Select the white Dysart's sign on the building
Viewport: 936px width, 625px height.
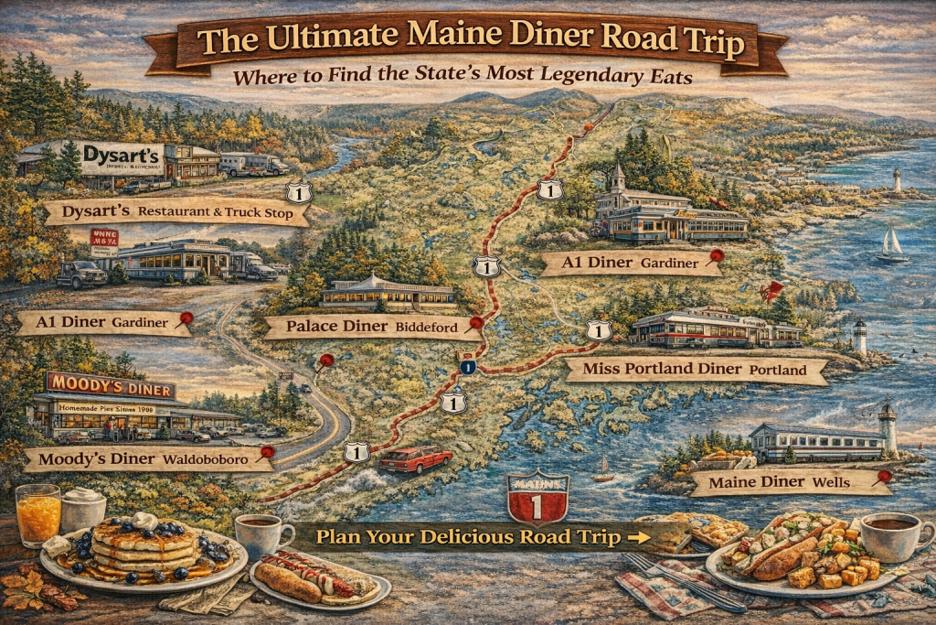coord(122,158)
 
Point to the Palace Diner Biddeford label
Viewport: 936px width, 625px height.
coord(364,327)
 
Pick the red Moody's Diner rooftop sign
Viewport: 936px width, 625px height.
coord(110,385)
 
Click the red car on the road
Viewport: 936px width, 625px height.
coord(416,458)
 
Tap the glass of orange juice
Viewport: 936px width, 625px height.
coord(37,516)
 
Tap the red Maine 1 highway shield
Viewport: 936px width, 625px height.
coord(537,499)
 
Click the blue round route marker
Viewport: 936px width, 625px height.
coord(468,367)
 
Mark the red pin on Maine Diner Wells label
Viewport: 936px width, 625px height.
coord(884,475)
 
